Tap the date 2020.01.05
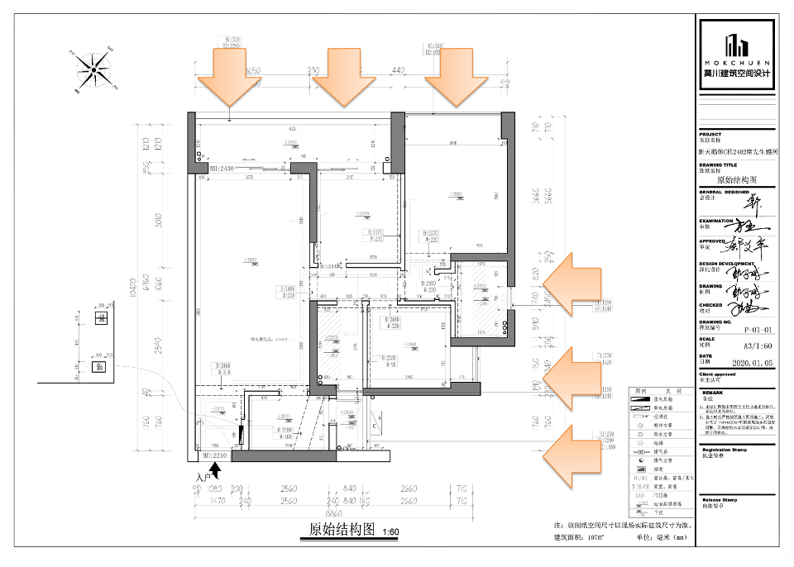tap(739, 362)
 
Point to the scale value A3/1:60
tap(739, 345)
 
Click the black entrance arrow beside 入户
tap(215, 470)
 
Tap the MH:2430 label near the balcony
tap(217, 169)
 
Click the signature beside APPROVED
tap(749, 245)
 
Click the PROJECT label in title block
tap(710, 134)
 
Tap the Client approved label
tap(718, 374)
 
